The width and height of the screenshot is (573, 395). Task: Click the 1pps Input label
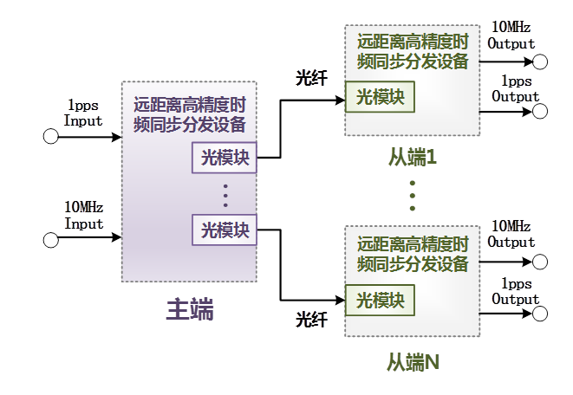click(x=83, y=113)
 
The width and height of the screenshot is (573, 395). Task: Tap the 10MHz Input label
click(x=83, y=216)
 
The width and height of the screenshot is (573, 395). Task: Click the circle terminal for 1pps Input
click(x=50, y=136)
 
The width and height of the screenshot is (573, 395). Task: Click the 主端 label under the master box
click(x=190, y=309)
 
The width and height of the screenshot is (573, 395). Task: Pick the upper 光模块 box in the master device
click(x=225, y=158)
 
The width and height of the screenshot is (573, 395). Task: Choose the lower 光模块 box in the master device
click(x=225, y=230)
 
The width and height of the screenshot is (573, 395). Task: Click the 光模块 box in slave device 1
click(x=380, y=96)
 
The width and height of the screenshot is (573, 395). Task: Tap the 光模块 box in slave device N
click(x=380, y=301)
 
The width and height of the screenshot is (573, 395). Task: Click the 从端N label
click(x=413, y=361)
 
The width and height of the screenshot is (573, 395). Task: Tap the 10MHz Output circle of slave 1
click(x=541, y=62)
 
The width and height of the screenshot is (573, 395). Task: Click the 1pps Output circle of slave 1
click(x=541, y=112)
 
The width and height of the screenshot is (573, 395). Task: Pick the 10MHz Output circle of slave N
click(x=541, y=261)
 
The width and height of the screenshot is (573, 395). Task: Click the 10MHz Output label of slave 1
click(x=511, y=36)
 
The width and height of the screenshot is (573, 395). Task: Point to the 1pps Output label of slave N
click(x=516, y=291)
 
